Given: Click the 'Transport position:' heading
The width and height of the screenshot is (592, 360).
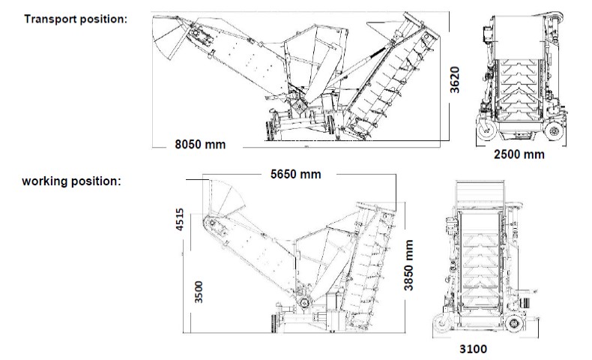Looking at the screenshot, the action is pos(76,19).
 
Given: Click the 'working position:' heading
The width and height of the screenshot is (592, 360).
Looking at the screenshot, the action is pos(72,181).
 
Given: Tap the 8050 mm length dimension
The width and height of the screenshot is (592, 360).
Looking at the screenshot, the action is pos(200,144).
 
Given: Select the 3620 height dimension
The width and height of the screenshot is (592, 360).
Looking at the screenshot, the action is pos(455,79).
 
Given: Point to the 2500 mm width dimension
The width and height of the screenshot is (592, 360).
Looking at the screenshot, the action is pos(519,154).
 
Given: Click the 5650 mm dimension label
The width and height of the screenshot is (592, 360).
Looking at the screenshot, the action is pos(296,174).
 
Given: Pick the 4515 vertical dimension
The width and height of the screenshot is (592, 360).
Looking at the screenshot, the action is pos(180,220).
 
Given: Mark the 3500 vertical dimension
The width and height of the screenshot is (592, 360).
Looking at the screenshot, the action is pos(199,292).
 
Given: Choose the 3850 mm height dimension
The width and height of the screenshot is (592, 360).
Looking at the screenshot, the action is pos(408,265).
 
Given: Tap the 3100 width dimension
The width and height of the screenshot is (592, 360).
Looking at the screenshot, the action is pos(473,349).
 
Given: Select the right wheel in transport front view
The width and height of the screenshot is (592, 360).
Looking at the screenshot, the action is pos(555,131).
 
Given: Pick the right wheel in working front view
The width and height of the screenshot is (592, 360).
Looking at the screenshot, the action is pos(513,324).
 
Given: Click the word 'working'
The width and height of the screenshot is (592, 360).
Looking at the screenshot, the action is pos(45,181).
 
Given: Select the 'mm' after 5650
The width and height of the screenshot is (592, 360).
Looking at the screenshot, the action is pos(310,175).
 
